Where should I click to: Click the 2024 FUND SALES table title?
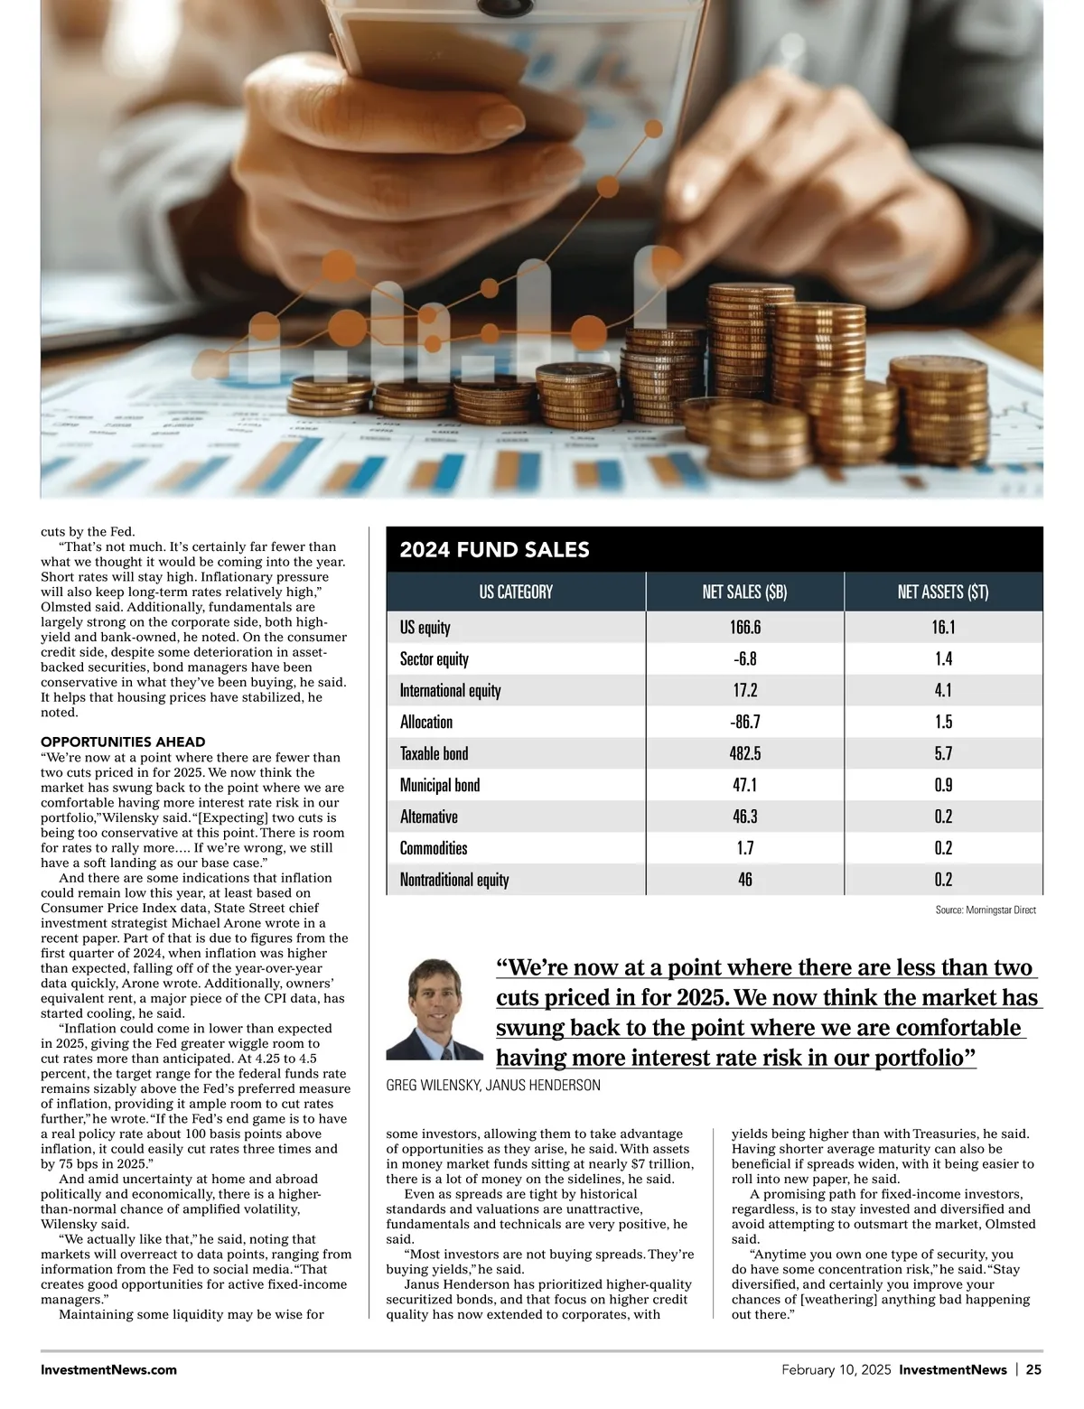494,550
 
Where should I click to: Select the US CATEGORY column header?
516,592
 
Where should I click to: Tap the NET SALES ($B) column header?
744,592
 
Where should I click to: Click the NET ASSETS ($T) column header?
943,592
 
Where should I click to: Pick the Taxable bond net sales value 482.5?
744,753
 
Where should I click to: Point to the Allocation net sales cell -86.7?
744,722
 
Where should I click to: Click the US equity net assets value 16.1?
944,628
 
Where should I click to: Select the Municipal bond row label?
440,785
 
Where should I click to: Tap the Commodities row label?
434,848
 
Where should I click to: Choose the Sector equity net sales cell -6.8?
744,659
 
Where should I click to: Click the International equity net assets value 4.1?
944,690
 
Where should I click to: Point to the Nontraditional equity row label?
454,880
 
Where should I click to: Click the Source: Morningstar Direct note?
986,910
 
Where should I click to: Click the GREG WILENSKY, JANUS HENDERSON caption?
493,1085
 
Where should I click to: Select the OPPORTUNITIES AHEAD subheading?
123,742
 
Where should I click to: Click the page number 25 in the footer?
1033,1370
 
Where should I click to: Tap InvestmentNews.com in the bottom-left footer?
109,1370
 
